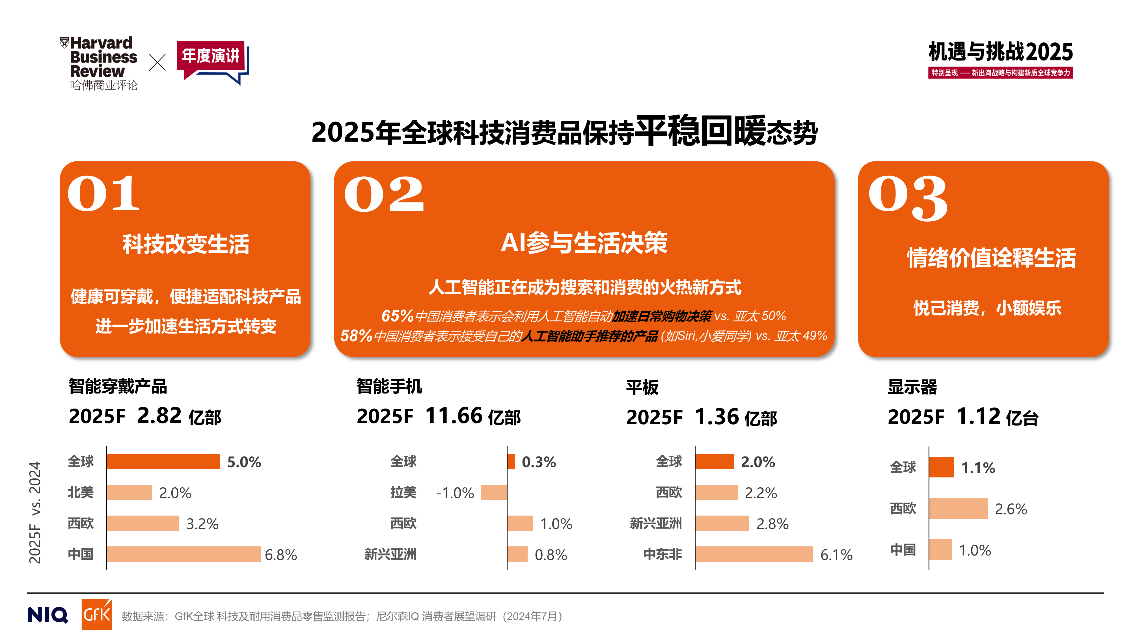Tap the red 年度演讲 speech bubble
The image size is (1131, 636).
click(x=211, y=59)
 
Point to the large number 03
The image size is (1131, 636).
click(x=908, y=198)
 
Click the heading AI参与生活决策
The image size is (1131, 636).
click(x=584, y=243)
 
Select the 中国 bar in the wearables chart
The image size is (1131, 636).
click(x=183, y=554)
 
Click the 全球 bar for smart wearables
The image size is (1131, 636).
click(x=163, y=461)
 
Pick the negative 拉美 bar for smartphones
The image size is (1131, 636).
click(x=494, y=492)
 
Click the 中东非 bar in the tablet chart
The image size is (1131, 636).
click(x=754, y=554)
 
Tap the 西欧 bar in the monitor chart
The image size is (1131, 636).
click(x=958, y=508)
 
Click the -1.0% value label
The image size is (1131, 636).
click(x=455, y=493)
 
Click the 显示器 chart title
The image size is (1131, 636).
click(x=912, y=387)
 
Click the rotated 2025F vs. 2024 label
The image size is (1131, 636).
click(x=35, y=512)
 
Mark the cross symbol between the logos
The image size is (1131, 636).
click(x=157, y=62)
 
